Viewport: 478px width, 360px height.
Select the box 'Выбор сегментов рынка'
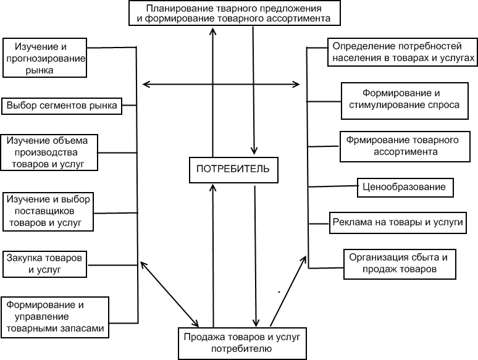tap(62, 106)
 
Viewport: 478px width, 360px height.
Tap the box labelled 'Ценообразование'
tap(406, 187)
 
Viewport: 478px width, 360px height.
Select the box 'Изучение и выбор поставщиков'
tap(48, 211)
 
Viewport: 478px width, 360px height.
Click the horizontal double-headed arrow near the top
tap(221, 85)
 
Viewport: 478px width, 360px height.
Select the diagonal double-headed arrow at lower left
tap(169, 293)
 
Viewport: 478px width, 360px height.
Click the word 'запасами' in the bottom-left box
tap(84, 329)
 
